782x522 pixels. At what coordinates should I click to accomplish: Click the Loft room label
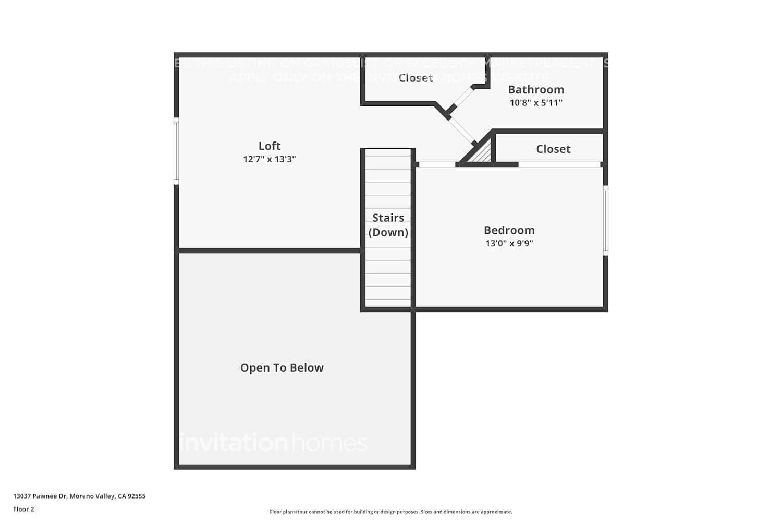point(269,146)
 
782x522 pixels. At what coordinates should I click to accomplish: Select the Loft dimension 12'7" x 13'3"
point(269,159)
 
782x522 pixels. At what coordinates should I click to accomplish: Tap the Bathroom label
point(535,90)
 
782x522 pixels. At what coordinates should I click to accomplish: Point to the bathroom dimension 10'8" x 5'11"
point(535,103)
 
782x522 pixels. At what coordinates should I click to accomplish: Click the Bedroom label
point(509,230)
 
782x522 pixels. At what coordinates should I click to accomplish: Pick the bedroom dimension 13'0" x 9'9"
point(509,243)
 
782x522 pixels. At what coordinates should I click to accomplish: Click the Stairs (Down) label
point(388,225)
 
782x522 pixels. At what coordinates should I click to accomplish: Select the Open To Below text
point(282,368)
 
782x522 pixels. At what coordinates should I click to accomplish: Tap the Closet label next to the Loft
point(416,78)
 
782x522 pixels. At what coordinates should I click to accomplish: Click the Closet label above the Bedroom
point(553,149)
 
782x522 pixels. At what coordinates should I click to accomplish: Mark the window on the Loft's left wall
point(176,151)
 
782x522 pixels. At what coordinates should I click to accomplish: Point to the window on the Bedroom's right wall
point(605,220)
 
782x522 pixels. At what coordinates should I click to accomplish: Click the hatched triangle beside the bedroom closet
point(483,155)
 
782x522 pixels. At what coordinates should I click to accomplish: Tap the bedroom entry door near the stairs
point(437,164)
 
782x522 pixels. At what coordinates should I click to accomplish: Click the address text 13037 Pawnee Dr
point(79,496)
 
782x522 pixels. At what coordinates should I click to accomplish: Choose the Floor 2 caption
point(23,509)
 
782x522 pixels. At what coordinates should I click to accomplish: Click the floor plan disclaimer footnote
point(390,512)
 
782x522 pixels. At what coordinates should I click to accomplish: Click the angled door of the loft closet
point(462,97)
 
